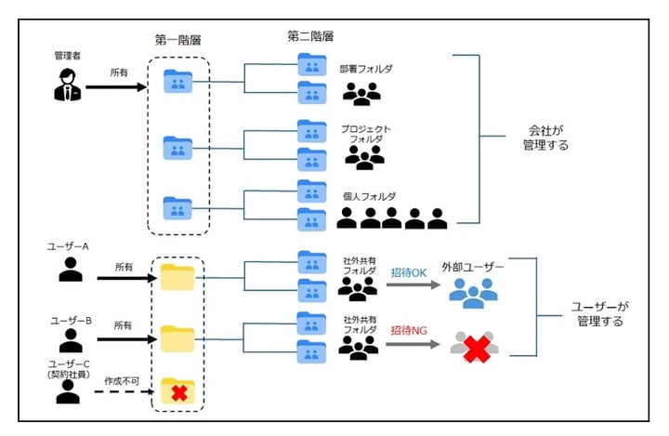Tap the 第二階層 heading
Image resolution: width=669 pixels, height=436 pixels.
coord(311,36)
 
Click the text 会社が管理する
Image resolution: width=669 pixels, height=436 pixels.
coord(539,139)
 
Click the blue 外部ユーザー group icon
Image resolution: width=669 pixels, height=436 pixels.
coord(473,291)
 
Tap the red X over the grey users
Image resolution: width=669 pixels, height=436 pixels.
coord(474,349)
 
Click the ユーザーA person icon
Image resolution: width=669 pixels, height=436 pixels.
coord(70,271)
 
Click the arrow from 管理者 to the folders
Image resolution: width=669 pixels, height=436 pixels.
coord(117,88)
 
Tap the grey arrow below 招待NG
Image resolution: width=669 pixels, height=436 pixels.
coord(412,344)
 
